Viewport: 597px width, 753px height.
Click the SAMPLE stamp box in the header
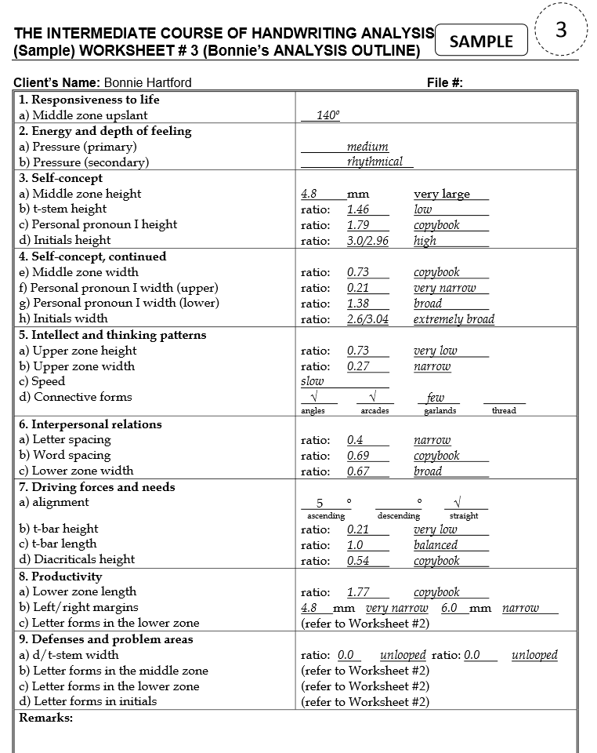coord(481,42)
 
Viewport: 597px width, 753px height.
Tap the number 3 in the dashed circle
coord(560,31)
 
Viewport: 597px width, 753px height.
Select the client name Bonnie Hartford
coord(147,82)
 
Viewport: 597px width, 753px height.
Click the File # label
coord(445,82)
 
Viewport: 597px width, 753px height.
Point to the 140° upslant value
coord(328,116)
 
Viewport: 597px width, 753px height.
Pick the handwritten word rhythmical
coord(374,162)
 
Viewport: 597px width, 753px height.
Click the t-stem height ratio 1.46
coord(357,209)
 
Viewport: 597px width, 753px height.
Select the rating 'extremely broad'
coord(454,319)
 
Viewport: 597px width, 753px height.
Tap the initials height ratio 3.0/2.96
coord(367,241)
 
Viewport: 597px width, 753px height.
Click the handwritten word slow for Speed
coord(312,381)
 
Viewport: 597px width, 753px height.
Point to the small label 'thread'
coord(504,410)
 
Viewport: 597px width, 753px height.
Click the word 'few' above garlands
coord(435,398)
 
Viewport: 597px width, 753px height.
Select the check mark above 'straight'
coord(458,502)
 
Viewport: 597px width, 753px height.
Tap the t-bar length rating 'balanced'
coord(436,544)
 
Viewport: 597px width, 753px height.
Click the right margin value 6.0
coord(449,608)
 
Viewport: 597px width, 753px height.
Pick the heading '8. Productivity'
coord(66,577)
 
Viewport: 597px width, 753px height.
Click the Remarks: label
coord(45,718)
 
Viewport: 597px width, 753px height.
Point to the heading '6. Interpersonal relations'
coord(90,424)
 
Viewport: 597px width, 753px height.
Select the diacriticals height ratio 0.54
coord(357,560)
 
